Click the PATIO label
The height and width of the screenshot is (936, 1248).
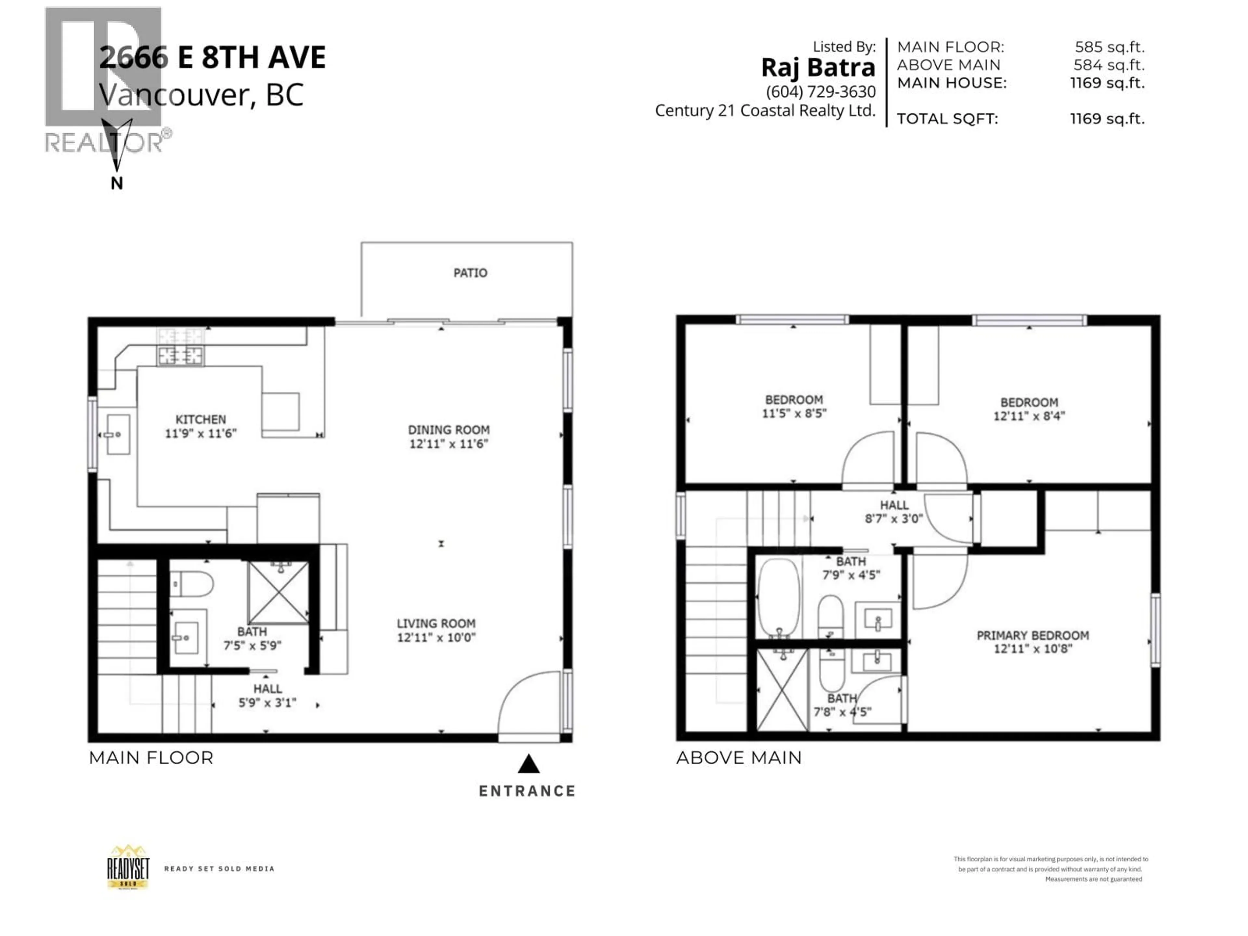pos(470,273)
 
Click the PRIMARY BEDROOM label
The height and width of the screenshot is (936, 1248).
pos(1033,635)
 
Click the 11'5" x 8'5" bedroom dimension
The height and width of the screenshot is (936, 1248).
pos(794,413)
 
